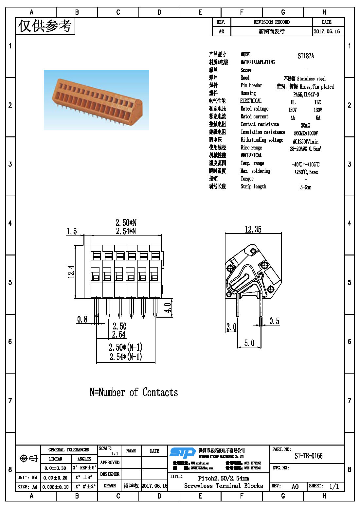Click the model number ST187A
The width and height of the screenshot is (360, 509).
[x=306, y=56]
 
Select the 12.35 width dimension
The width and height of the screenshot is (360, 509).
[x=253, y=229]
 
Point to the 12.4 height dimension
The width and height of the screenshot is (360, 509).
[x=71, y=272]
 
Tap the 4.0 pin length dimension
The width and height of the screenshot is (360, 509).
[x=168, y=308]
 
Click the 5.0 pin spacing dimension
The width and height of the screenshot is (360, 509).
[x=249, y=343]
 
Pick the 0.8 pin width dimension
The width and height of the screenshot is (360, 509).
[x=82, y=319]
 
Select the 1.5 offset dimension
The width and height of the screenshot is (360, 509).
[x=72, y=231]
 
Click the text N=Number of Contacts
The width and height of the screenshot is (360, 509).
[x=134, y=392]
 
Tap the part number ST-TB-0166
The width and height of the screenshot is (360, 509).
[x=308, y=456]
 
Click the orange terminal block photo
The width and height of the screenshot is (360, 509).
[x=96, y=100]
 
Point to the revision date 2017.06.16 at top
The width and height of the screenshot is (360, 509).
[x=327, y=31]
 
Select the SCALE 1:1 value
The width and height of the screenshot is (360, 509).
[x=115, y=454]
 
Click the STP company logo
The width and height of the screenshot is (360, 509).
[x=182, y=453]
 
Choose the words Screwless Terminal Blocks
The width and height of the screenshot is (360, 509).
[x=223, y=486]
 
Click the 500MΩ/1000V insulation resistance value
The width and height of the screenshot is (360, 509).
[x=306, y=133]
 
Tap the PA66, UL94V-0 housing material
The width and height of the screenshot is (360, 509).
[x=306, y=95]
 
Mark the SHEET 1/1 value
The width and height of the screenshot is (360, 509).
[x=334, y=486]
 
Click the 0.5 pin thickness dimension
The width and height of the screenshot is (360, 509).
[x=274, y=321]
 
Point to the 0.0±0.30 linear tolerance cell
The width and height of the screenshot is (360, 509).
[x=55, y=468]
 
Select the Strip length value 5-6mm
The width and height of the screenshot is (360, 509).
[x=306, y=187]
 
